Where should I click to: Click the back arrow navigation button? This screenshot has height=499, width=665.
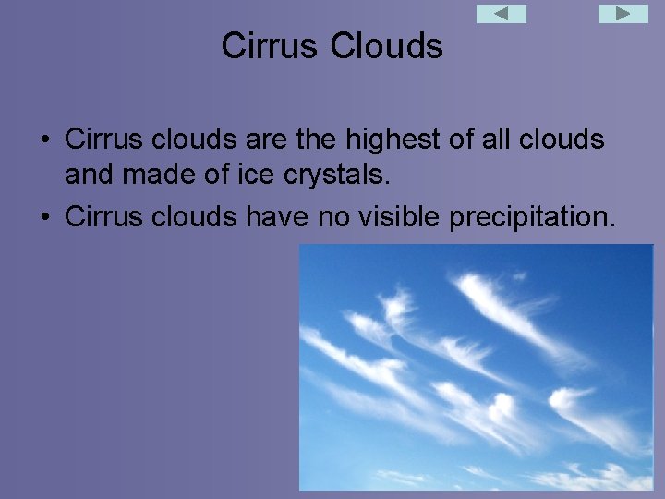[x=501, y=14]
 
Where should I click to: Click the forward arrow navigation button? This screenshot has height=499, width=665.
[x=623, y=14]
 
